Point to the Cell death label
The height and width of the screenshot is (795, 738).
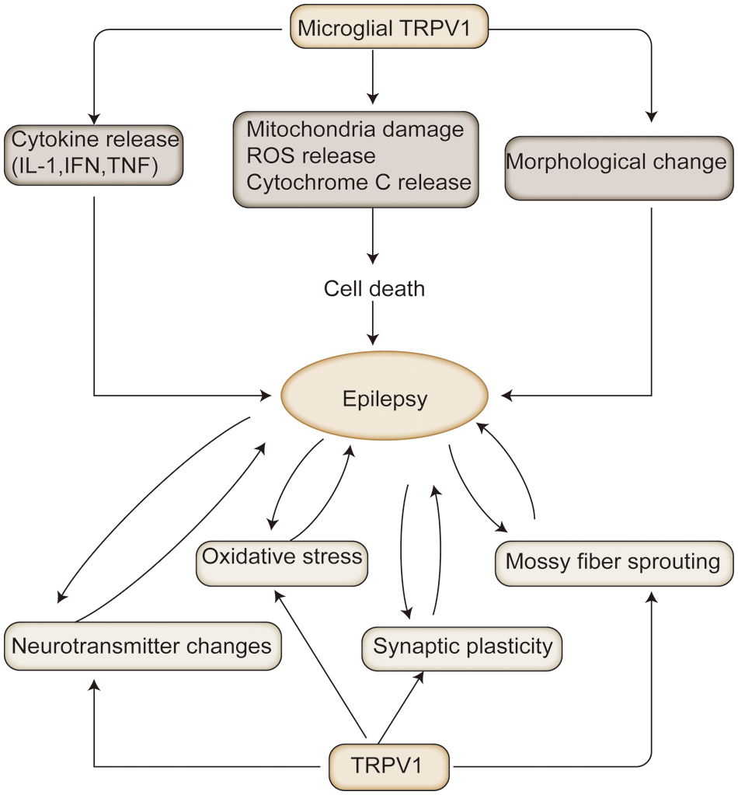[x=374, y=289]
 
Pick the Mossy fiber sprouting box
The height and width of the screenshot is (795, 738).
[x=614, y=562]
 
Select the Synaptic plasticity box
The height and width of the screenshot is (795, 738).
[x=462, y=647]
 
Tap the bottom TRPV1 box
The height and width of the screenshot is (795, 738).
[x=389, y=766]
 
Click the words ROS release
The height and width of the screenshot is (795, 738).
[x=310, y=155]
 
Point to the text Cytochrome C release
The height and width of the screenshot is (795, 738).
[x=359, y=182]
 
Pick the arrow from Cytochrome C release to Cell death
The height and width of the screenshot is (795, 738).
[x=374, y=237]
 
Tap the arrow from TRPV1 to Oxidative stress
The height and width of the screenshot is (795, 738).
[x=319, y=661]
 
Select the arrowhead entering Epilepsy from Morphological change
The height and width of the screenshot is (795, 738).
[x=508, y=396]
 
